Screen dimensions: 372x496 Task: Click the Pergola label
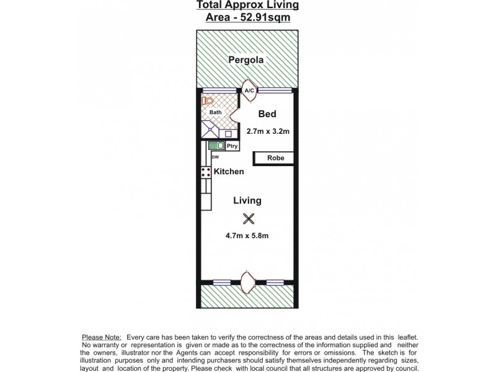247,60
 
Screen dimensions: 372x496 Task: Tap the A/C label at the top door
249,91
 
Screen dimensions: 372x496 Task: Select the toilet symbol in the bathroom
208,100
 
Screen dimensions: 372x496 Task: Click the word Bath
215,112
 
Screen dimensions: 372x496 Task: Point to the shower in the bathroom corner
210,130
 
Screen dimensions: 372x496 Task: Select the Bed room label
267,114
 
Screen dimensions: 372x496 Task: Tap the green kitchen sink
216,146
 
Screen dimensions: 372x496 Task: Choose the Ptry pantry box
231,146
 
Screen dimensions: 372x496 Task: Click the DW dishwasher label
215,157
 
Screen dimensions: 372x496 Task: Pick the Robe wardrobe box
276,158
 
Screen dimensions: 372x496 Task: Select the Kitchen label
229,172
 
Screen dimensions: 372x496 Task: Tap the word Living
247,200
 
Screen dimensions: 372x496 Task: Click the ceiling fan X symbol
249,218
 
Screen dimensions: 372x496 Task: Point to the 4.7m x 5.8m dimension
247,236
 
